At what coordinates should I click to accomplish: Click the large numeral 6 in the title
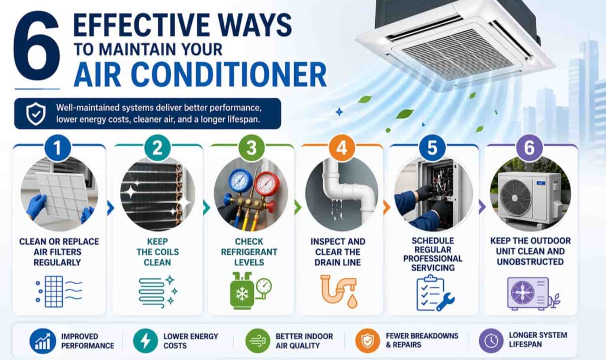37,46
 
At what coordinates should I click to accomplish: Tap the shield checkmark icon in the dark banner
36,114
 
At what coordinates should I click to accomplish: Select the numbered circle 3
251,147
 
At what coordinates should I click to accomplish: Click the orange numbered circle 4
341,147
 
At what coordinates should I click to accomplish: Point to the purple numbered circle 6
529,147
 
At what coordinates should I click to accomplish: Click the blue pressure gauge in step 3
240,180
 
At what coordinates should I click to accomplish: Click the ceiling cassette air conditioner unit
454,43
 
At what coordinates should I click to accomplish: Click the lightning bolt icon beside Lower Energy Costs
146,340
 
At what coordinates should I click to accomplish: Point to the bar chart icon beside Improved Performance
43,341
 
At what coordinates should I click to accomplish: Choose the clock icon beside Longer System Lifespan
491,340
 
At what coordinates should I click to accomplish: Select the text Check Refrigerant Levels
249,252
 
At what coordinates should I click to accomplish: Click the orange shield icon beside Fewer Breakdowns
368,340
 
